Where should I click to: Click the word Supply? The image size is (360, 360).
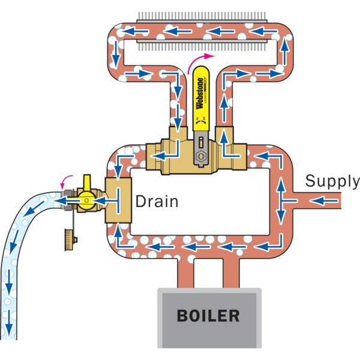(332, 181)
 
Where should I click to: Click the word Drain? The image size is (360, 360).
(157, 201)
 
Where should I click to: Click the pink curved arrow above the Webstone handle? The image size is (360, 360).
(201, 59)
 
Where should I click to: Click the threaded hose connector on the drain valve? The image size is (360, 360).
(67, 200)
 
